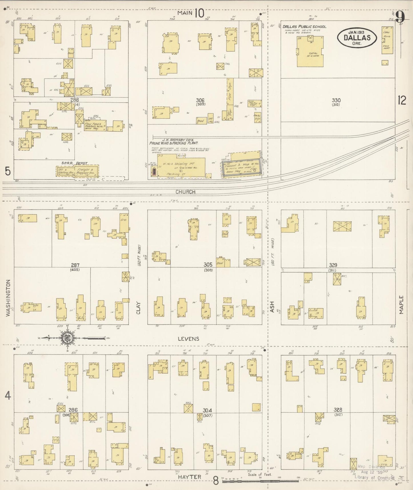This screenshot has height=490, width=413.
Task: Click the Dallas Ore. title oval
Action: pos(357,38)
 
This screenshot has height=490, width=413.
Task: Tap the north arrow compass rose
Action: pos(67,338)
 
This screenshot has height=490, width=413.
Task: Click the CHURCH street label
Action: pos(185,192)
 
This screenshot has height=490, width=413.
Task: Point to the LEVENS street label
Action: pos(188,339)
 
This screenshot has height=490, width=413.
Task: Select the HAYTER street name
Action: pos(189,477)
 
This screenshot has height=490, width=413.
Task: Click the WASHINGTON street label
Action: pos(8,298)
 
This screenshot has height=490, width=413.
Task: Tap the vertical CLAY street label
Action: pos(139,308)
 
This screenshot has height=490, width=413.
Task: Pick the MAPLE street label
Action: pos(402,305)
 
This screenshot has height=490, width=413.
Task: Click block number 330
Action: pos(336,100)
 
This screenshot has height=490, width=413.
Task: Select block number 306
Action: pos(200,100)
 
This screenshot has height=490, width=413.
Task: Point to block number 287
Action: pos(75,265)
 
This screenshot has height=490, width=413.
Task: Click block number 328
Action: pos(338,410)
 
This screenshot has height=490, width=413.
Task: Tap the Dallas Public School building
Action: pos(310,51)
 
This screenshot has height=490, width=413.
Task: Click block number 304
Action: pos(207,410)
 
